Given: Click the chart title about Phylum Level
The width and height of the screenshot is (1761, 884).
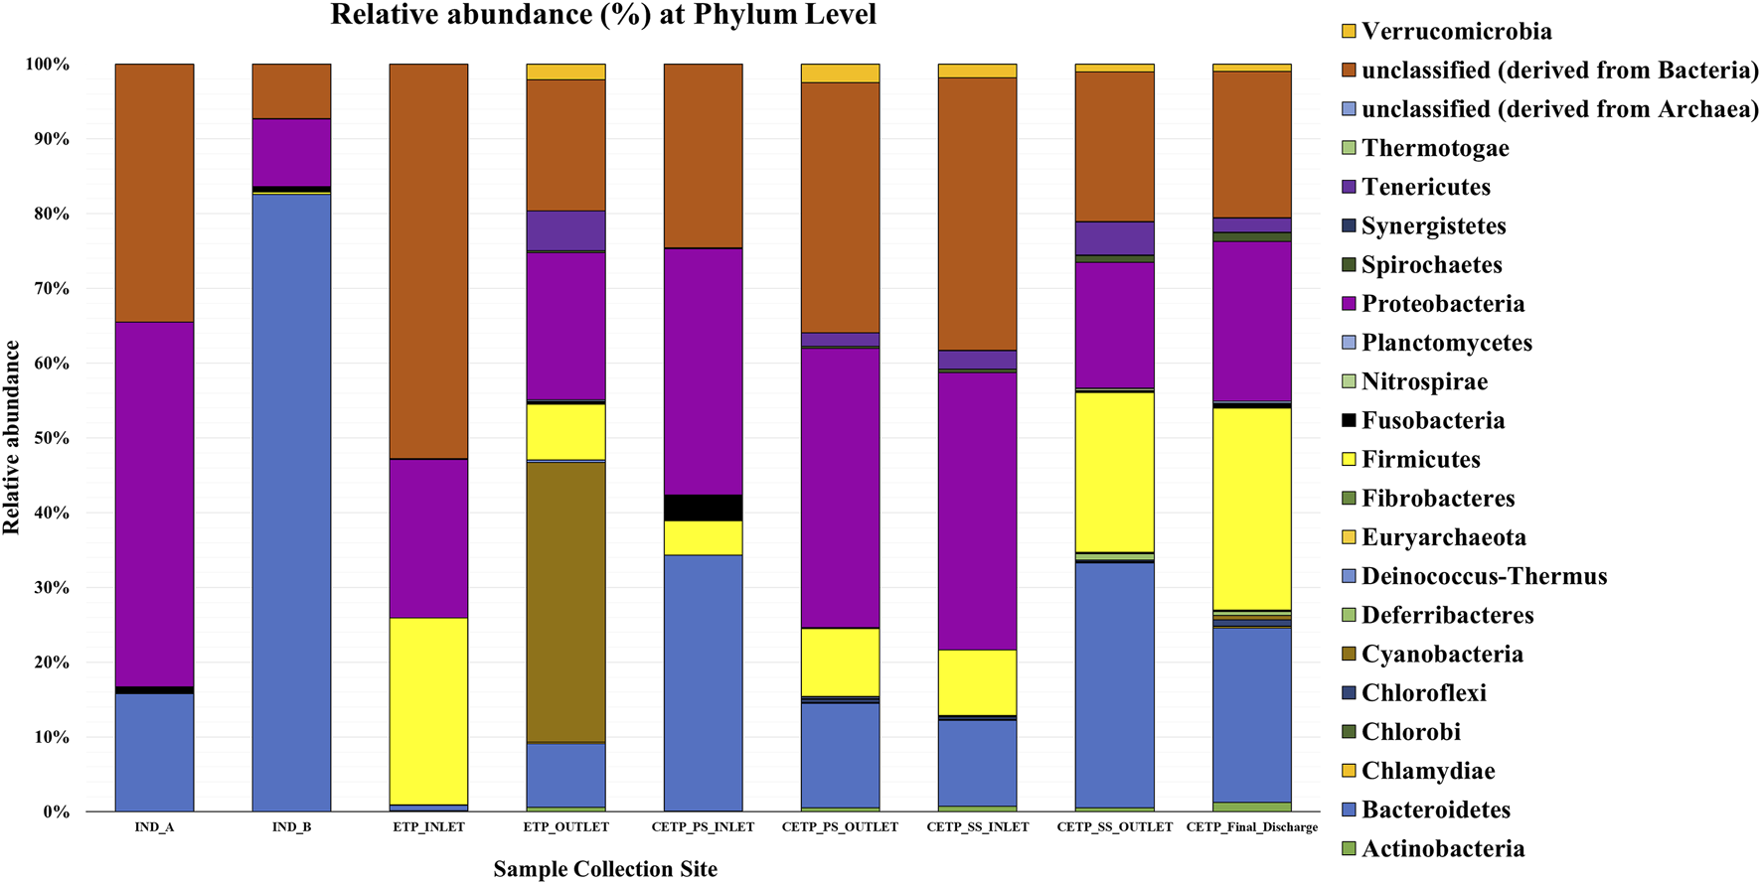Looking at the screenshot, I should click(x=603, y=15).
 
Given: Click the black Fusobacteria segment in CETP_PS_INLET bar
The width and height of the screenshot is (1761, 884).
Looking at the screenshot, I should click(x=703, y=508).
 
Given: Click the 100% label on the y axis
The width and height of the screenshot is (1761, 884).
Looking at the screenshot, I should click(x=48, y=65).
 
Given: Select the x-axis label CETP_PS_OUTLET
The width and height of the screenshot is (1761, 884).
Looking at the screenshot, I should click(x=840, y=826).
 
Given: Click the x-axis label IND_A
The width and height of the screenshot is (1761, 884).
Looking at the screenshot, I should click(x=154, y=826).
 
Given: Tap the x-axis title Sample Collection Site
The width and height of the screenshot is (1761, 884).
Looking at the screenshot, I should click(x=605, y=869).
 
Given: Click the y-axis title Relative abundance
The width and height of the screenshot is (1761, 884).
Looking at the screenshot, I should click(x=12, y=437).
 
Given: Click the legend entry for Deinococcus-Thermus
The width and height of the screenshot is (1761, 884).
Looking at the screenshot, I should click(x=1484, y=576).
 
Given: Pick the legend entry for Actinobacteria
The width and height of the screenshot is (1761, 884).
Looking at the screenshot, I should click(x=1442, y=848).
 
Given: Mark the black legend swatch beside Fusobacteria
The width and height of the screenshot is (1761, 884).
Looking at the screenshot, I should click(x=1349, y=420).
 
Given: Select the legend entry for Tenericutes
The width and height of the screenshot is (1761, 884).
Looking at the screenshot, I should click(x=1425, y=187).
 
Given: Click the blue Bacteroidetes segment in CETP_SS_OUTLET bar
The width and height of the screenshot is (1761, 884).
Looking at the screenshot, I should click(x=1114, y=685).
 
